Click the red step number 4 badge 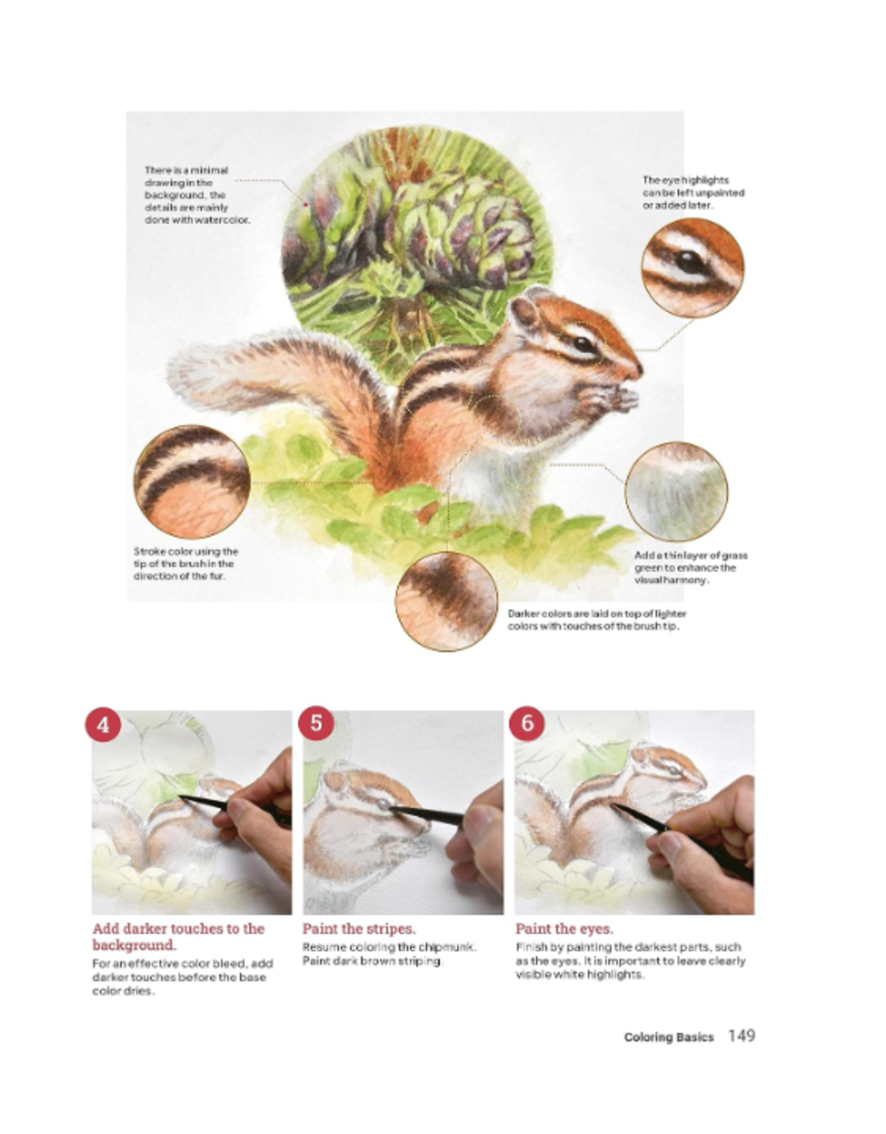pos(103,724)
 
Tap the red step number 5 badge pos(316,723)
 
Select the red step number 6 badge pos(527,723)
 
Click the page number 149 pos(741,1036)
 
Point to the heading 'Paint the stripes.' pos(359,929)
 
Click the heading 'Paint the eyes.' pos(564,929)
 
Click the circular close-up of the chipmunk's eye pos(692,267)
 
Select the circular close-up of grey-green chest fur pos(676,492)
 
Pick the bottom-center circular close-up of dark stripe pos(446,601)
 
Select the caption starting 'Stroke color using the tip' pos(186,564)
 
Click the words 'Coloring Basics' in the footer pos(668,1037)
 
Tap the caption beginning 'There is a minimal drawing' pos(197,194)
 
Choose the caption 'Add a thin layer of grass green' pos(691,568)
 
